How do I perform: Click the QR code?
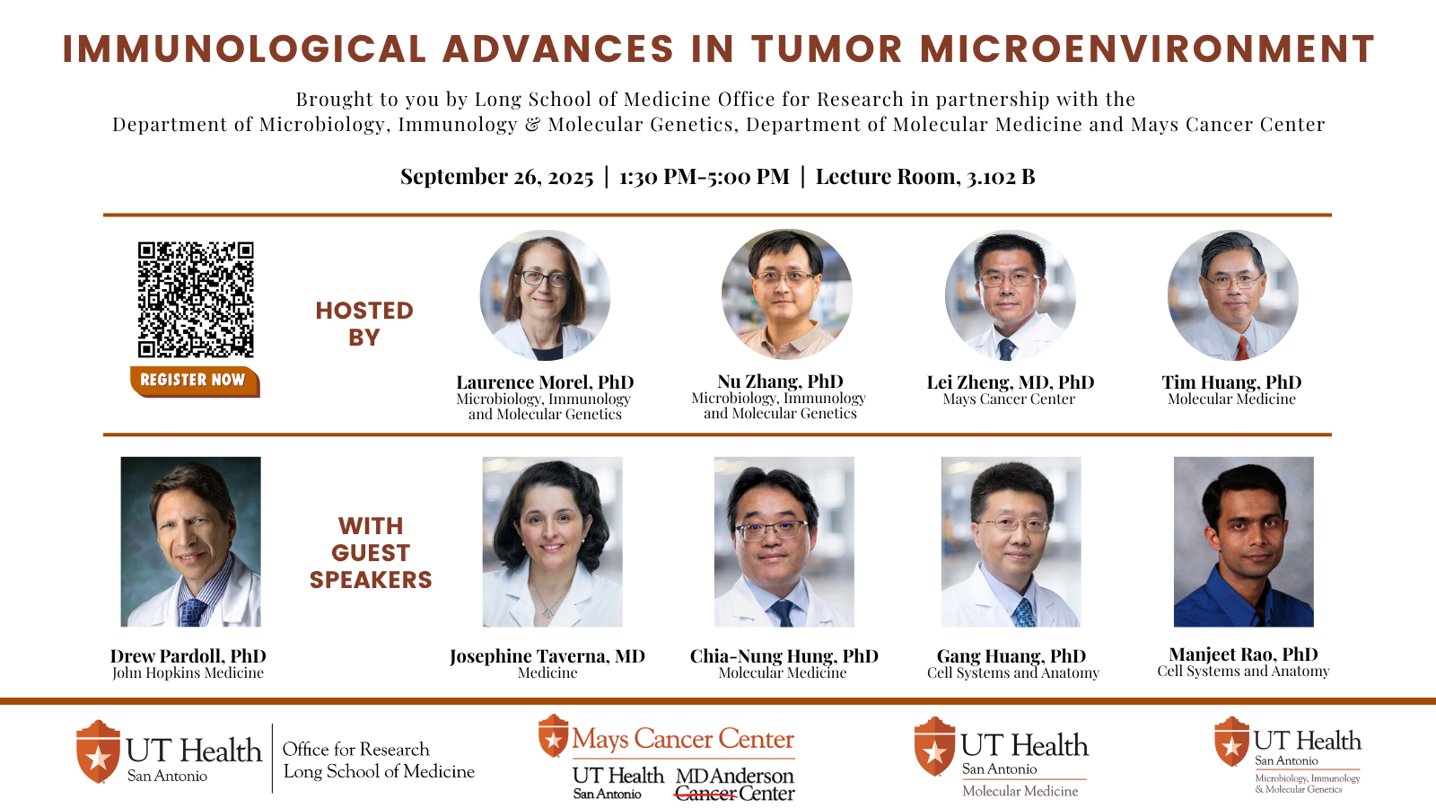coord(196,300)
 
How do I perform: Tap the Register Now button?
coord(195,381)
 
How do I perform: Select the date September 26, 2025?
coord(497,176)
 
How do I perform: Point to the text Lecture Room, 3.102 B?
coord(925,176)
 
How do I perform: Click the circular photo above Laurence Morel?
coord(545,295)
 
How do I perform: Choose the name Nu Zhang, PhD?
coord(780,382)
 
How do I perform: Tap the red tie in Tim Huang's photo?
coord(1242,348)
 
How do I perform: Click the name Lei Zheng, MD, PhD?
coord(1011,382)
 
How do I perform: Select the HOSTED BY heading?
coord(364,324)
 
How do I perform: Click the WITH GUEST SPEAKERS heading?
coord(371,553)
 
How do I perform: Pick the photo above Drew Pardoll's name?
coord(190,542)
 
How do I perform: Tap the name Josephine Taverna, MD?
coord(547,656)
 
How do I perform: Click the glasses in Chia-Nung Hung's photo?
coord(772,530)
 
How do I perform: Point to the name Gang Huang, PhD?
coord(1011,656)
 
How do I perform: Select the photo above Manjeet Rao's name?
coord(1244,542)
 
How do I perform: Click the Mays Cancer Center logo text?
coord(683,739)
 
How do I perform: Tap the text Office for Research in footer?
coord(355,749)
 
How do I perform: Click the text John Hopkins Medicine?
coord(188,672)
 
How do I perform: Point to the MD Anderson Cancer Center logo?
coord(735,785)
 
